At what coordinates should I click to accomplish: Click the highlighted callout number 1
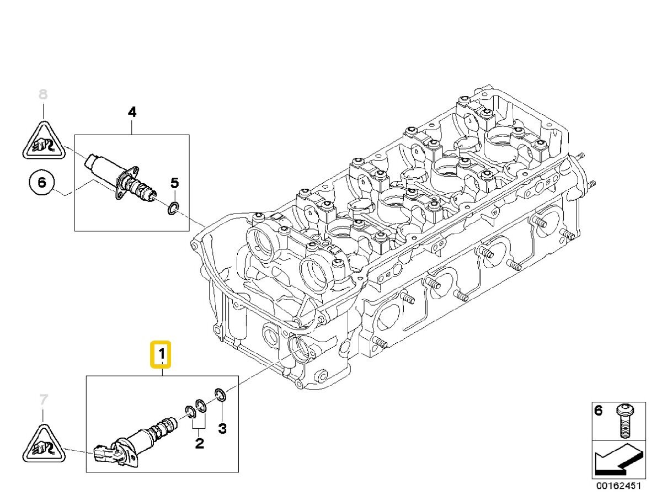(x=161, y=354)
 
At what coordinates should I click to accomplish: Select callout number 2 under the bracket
(x=199, y=443)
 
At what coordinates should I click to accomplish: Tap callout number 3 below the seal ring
(x=222, y=428)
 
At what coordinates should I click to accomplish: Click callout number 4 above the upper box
(x=132, y=112)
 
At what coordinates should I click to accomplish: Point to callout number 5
(x=175, y=183)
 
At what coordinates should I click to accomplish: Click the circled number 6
(x=42, y=183)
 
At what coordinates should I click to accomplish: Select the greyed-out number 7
(x=44, y=400)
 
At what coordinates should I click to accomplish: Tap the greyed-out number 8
(x=43, y=94)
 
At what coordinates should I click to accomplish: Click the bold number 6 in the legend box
(x=599, y=411)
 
